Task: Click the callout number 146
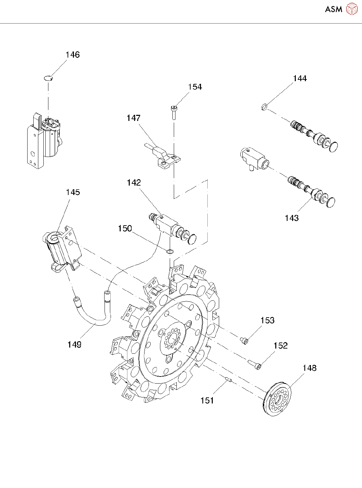point(73,55)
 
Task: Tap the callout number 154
point(195,87)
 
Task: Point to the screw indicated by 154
point(173,112)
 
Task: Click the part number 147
point(133,118)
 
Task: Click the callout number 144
point(300,78)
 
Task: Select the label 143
point(292,218)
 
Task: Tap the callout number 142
point(134,183)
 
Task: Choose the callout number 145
point(73,192)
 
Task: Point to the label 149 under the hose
point(74,345)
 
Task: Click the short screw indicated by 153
point(244,340)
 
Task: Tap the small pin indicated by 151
point(229,379)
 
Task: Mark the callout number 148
point(310,368)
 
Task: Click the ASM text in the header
point(334,9)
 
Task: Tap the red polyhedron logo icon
point(352,9)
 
